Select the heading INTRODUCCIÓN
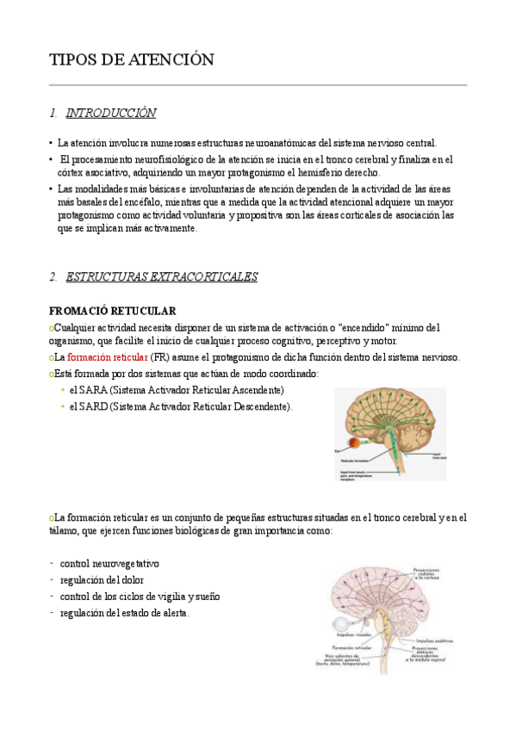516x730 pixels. (111, 113)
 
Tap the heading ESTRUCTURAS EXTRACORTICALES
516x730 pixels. (161, 276)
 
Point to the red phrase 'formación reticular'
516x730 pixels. (108, 357)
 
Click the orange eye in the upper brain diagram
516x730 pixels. (355, 445)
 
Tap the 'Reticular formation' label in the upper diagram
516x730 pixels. (361, 462)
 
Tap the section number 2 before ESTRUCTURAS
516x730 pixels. (53, 276)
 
